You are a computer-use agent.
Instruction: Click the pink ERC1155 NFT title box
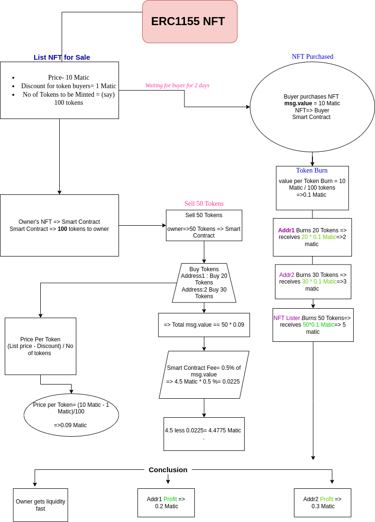(190, 22)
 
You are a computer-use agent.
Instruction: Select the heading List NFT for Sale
(62, 57)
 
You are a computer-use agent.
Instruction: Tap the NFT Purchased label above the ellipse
(312, 56)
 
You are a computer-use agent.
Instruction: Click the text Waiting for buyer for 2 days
(177, 85)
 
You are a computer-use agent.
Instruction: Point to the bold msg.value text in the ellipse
(298, 103)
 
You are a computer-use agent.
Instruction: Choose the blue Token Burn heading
(311, 171)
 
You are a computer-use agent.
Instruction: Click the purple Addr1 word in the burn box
(286, 230)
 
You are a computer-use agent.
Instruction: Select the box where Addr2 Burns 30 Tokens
(313, 282)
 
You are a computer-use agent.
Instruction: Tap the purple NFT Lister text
(286, 318)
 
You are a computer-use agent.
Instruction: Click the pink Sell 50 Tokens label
(204, 204)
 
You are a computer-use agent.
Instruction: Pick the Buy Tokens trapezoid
(204, 283)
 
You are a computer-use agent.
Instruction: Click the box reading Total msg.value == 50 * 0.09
(204, 325)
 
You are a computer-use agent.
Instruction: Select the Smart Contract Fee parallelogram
(204, 375)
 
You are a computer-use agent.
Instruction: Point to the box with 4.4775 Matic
(204, 434)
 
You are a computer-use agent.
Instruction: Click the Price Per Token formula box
(40, 346)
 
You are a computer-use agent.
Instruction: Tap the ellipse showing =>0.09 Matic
(71, 415)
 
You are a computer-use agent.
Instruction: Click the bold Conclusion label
(168, 470)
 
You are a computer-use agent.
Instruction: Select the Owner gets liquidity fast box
(40, 505)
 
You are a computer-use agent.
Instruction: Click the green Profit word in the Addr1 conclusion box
(170, 499)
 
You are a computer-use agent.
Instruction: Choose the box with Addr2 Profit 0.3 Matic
(322, 503)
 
